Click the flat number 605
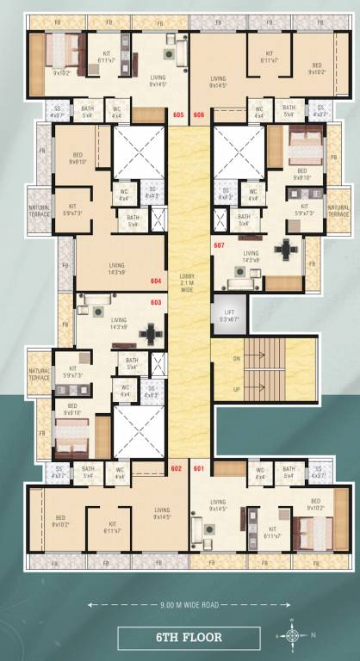(178, 114)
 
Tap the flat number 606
(199, 114)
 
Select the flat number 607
(219, 245)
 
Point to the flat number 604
(156, 281)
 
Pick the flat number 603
(156, 302)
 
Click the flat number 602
(177, 468)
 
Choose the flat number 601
(199, 468)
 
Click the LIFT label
(229, 314)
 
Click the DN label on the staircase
(238, 358)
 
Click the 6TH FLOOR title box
(188, 638)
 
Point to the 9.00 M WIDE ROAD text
(188, 606)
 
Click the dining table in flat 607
(283, 250)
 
